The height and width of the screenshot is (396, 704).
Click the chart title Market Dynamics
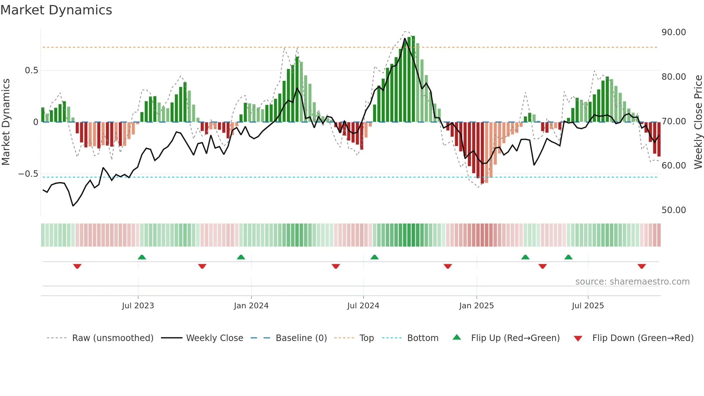[x=56, y=10]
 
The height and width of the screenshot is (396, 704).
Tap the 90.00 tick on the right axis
[x=673, y=32]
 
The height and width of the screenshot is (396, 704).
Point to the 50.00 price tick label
[x=673, y=210]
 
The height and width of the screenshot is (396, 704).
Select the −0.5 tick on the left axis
[x=28, y=174]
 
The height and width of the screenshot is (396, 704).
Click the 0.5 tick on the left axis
[x=31, y=70]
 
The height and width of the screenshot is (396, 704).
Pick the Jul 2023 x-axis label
[x=138, y=306]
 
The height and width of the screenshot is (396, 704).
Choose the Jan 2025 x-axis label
[x=476, y=306]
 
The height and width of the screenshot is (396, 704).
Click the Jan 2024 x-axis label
[x=251, y=306]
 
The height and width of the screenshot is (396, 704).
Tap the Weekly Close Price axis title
[x=698, y=122]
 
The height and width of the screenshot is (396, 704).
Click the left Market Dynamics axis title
[x=6, y=122]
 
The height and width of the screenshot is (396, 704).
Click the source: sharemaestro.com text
[x=632, y=282]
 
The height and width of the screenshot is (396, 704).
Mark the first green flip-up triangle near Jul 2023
[x=142, y=257]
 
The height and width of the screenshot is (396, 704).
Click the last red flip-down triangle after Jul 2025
[x=642, y=266]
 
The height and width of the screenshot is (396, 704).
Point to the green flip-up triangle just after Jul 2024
[x=374, y=257]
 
